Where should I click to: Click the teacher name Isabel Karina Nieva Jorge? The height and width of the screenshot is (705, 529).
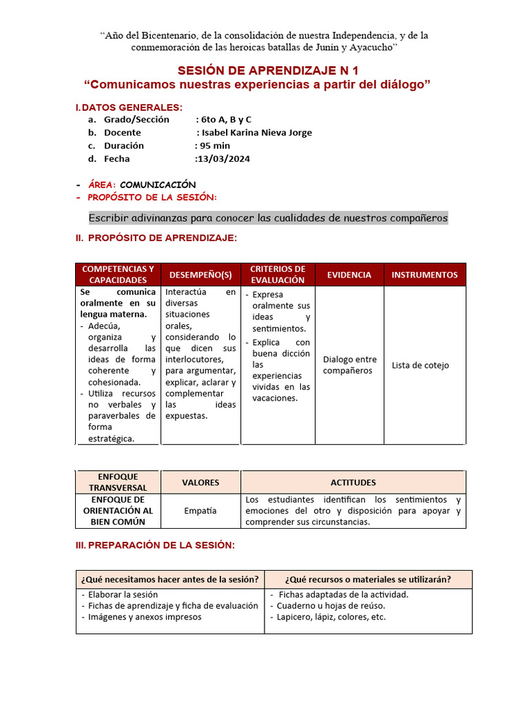(x=256, y=132)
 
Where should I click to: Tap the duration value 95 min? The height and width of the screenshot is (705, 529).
(x=215, y=145)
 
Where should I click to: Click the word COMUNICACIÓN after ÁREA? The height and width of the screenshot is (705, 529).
(x=158, y=185)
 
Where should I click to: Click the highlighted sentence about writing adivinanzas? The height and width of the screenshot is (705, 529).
(x=268, y=218)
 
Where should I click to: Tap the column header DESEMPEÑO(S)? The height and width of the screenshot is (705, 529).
(x=200, y=275)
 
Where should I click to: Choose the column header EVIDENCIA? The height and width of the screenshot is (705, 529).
(x=349, y=275)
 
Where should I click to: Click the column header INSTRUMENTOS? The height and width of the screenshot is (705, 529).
(x=424, y=275)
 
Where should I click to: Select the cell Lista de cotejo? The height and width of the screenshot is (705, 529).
(x=420, y=365)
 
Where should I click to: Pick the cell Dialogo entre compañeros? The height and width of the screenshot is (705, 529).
(x=349, y=365)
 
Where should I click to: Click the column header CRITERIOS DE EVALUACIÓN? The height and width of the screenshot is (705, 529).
(x=278, y=275)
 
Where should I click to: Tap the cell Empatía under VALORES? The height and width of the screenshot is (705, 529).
(x=200, y=511)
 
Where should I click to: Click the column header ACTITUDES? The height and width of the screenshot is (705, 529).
(x=353, y=483)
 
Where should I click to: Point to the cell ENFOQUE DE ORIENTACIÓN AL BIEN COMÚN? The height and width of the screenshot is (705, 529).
(x=118, y=511)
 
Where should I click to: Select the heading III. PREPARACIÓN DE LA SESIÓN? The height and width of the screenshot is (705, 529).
(x=155, y=545)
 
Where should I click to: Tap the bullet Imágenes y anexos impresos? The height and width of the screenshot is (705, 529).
(x=145, y=617)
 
